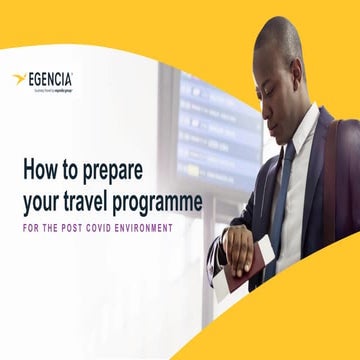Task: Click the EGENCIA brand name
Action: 52,77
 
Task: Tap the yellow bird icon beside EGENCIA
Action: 19,78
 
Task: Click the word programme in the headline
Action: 163,204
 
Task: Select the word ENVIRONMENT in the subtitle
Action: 143,228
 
